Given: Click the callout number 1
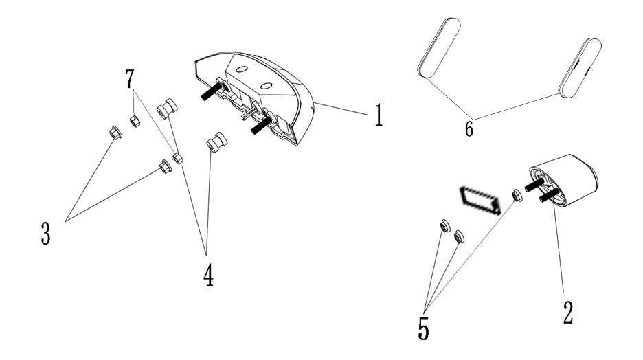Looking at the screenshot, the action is tap(379, 115).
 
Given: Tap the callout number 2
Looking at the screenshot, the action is tap(567, 312).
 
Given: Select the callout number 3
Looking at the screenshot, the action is tap(45, 233).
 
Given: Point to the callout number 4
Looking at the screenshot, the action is tap(208, 275).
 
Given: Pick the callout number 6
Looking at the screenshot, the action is tap(469, 128).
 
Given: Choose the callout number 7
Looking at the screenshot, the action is tap(130, 79).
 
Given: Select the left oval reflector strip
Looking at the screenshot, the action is tap(439, 47).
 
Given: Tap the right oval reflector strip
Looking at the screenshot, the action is tap(580, 67).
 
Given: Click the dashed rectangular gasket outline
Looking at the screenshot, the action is tap(480, 200).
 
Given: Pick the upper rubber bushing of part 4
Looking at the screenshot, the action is tap(167, 108).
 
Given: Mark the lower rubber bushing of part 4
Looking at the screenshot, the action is tap(216, 142).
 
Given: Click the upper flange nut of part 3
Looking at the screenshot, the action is tap(115, 133).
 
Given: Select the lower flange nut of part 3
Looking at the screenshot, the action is tap(166, 166).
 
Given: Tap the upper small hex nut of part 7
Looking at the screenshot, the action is tap(135, 122).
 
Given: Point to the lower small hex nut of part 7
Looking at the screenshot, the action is tap(178, 158).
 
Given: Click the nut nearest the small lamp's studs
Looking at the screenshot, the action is tap(517, 196).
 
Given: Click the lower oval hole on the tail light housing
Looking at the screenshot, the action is tap(266, 86).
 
